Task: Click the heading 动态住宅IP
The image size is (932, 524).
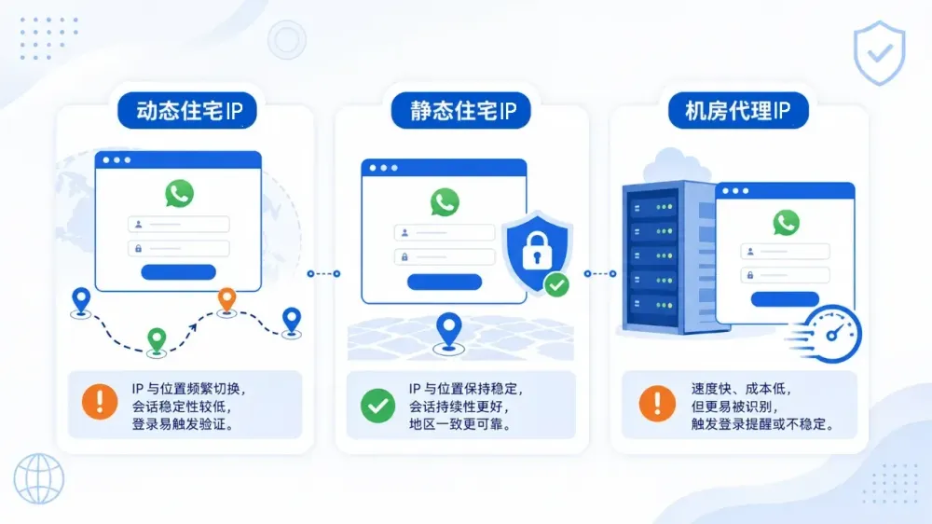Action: (x=189, y=111)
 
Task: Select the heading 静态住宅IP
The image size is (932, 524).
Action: (x=463, y=111)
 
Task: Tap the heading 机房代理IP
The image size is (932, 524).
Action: (x=737, y=111)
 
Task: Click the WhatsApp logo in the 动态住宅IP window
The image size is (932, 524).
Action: (x=180, y=193)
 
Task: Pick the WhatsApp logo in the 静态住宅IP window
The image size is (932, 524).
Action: (x=445, y=201)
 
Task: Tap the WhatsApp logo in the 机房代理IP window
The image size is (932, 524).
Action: (x=786, y=223)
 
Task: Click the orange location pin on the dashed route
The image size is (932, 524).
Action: (x=226, y=299)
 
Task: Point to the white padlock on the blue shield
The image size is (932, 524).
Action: (x=537, y=251)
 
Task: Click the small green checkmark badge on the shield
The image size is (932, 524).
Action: (x=557, y=285)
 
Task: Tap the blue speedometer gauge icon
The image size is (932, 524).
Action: (x=831, y=334)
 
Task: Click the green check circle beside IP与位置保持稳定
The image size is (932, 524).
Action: (x=378, y=406)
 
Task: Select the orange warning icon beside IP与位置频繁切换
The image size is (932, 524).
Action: (x=100, y=402)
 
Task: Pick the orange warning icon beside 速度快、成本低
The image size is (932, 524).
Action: (x=657, y=404)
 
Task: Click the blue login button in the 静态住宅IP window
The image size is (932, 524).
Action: (x=445, y=282)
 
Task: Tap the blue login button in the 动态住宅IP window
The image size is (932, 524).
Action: (x=178, y=272)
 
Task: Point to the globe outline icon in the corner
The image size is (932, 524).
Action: (x=39, y=479)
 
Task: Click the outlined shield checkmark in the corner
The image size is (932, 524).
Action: (x=879, y=53)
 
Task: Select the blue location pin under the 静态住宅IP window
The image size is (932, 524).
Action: (x=449, y=330)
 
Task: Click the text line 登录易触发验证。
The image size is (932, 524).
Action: (x=183, y=424)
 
